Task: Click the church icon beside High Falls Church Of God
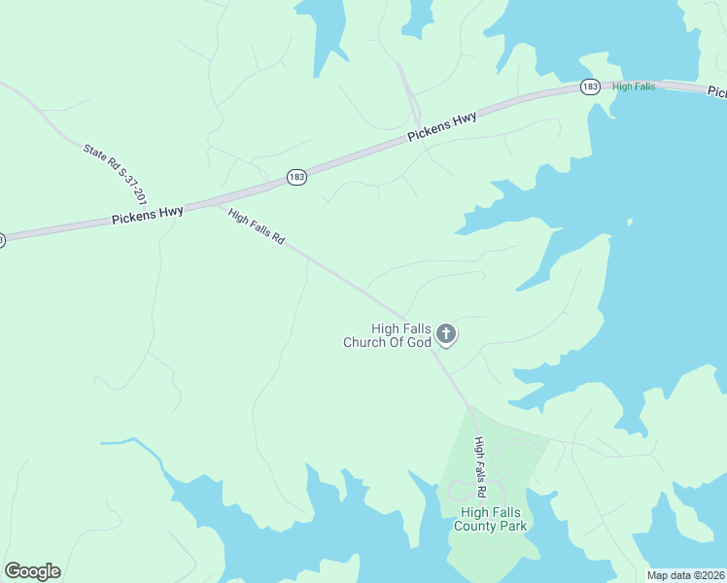(x=446, y=335)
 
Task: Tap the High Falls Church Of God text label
(x=386, y=335)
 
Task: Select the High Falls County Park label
(x=491, y=519)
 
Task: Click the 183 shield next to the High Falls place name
(x=590, y=87)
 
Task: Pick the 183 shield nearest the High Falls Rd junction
(x=296, y=176)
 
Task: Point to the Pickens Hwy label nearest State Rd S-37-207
(x=147, y=214)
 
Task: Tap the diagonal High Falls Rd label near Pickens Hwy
(x=256, y=225)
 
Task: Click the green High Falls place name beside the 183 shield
(x=634, y=86)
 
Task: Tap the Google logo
(x=32, y=571)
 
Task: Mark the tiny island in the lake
(x=630, y=223)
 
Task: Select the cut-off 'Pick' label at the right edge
(x=716, y=92)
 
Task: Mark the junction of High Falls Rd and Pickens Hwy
(x=207, y=203)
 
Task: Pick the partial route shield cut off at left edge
(x=2, y=239)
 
